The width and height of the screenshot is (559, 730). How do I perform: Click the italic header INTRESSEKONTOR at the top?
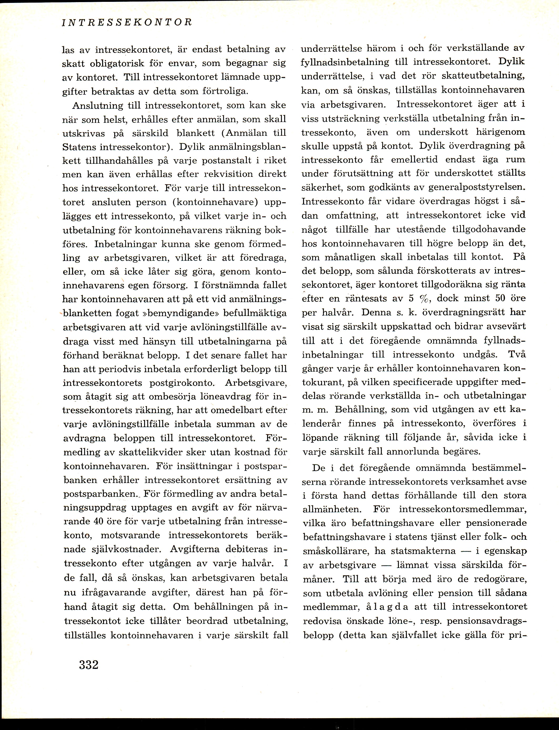point(127,22)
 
